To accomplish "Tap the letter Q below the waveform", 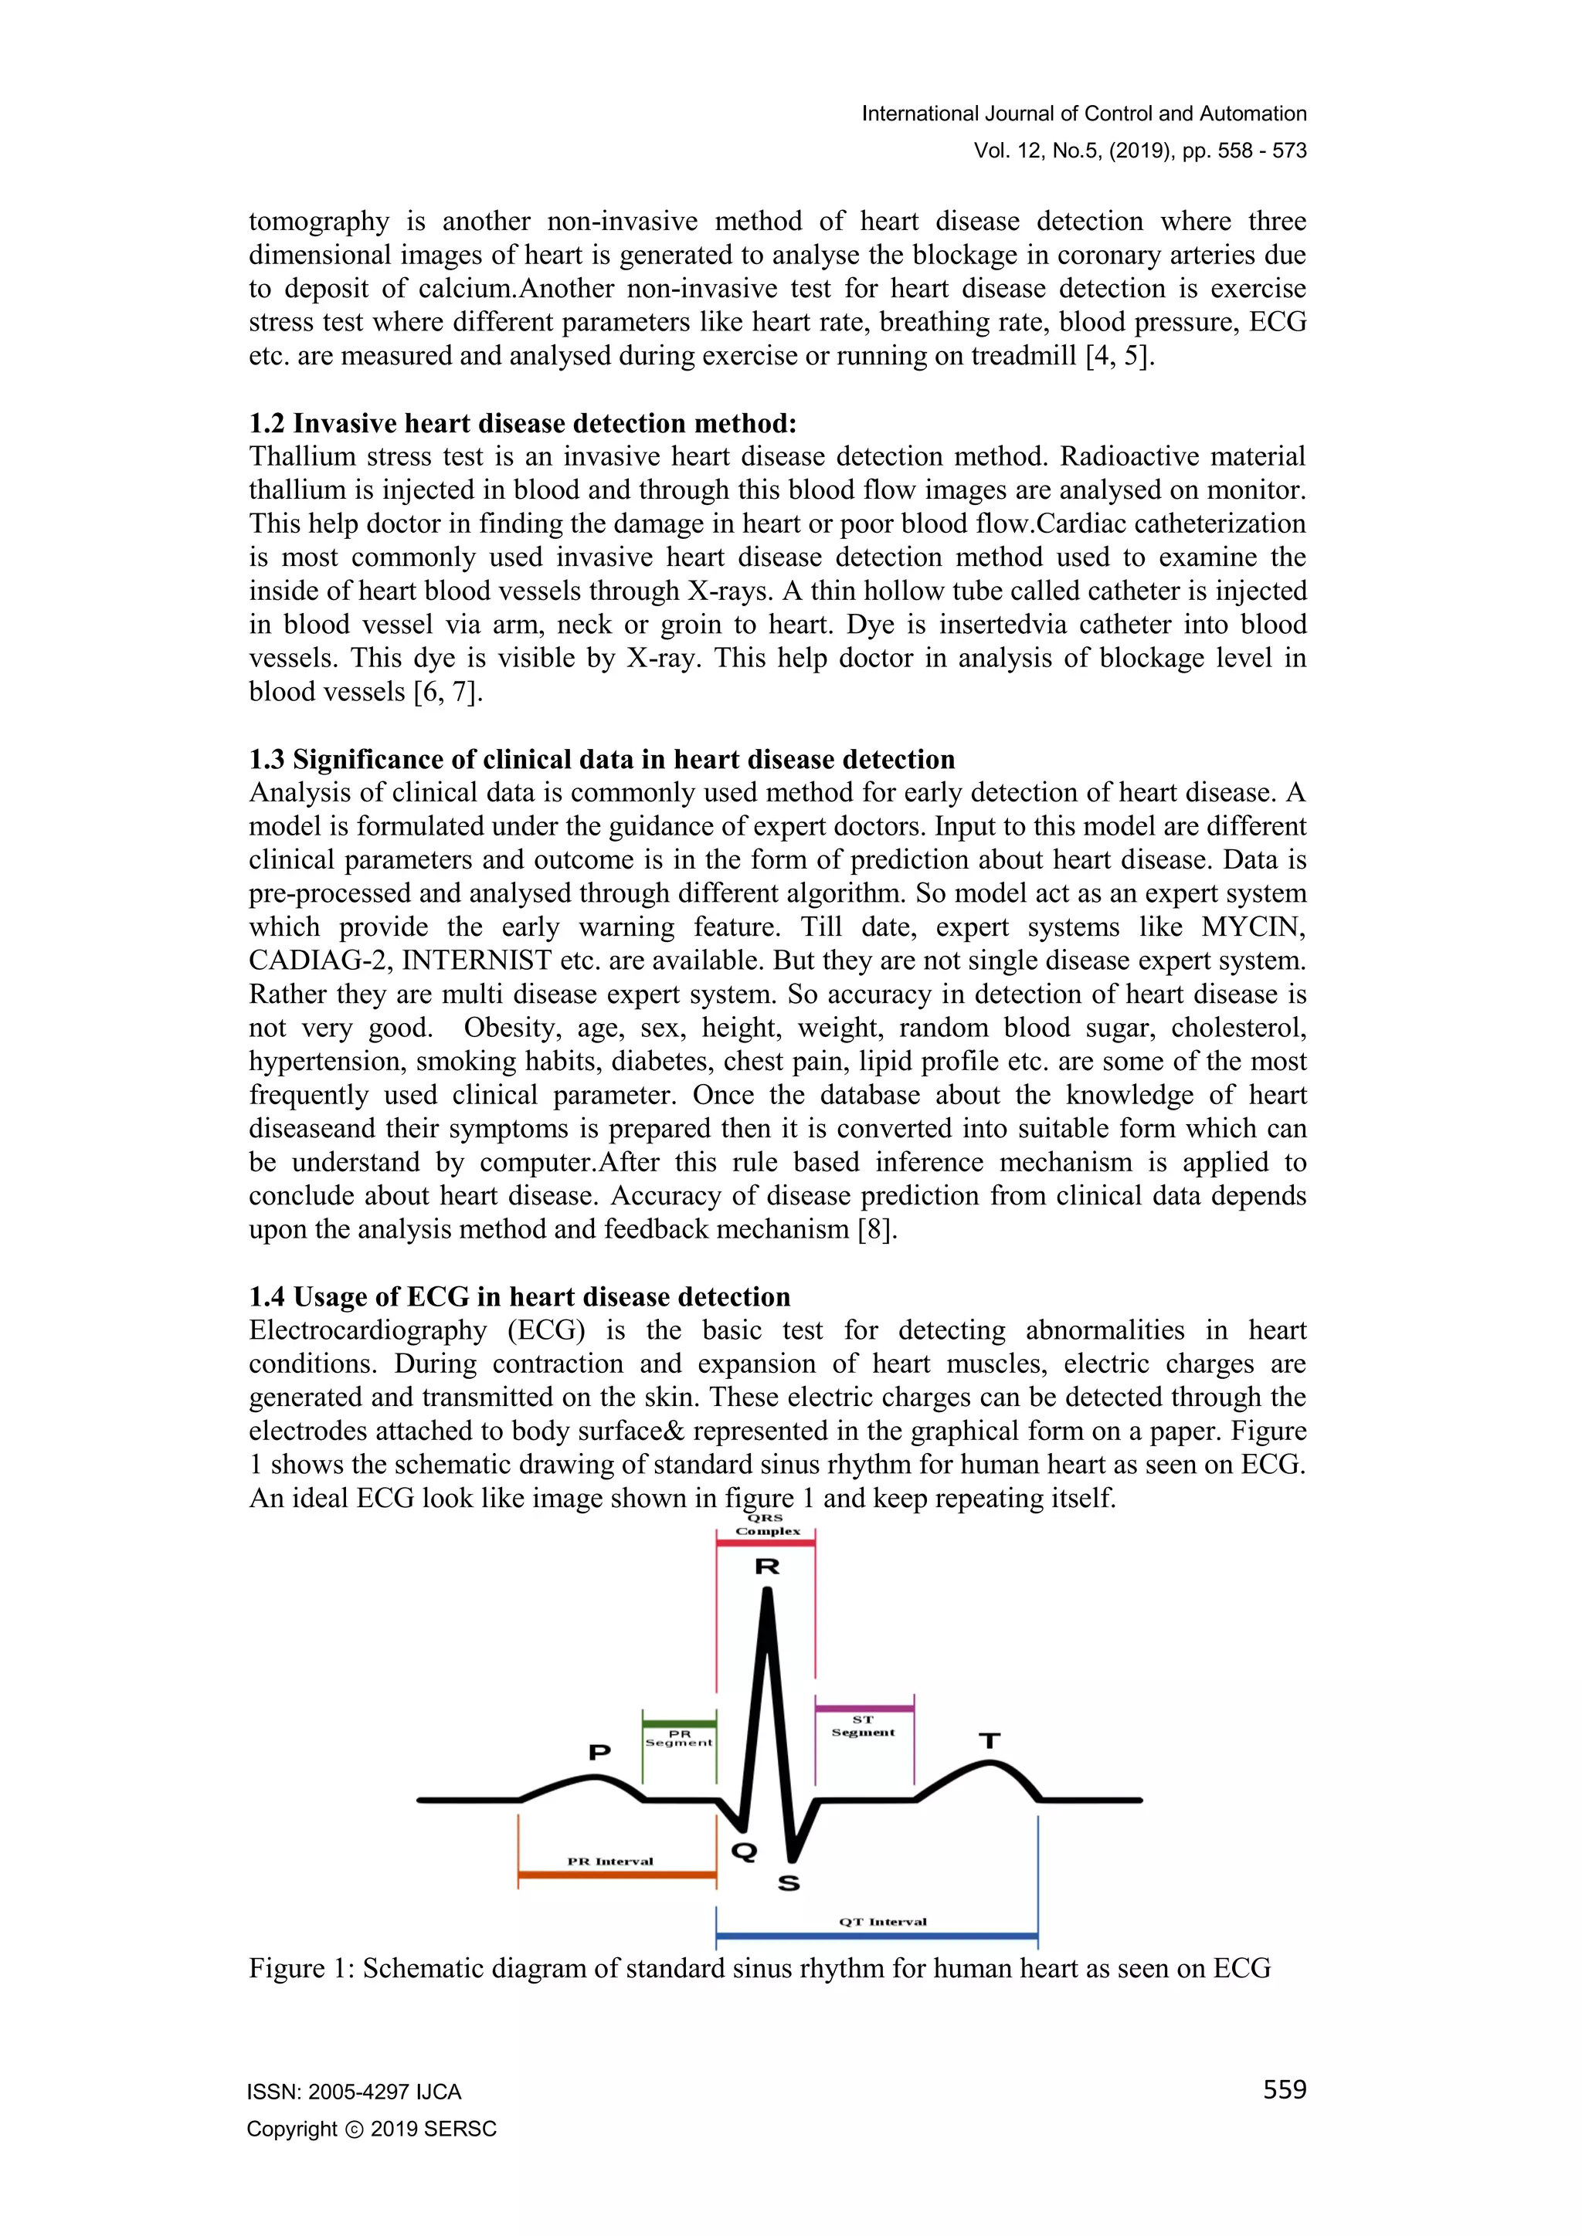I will click(744, 1851).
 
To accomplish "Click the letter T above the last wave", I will click(990, 1740).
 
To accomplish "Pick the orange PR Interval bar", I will click(616, 1874).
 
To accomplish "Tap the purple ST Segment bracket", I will click(864, 1708).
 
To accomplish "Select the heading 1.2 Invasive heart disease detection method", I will click(523, 424).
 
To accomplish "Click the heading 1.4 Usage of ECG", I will click(519, 1297).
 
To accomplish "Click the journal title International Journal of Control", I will click(1083, 114).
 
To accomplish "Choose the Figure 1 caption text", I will click(760, 1968).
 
